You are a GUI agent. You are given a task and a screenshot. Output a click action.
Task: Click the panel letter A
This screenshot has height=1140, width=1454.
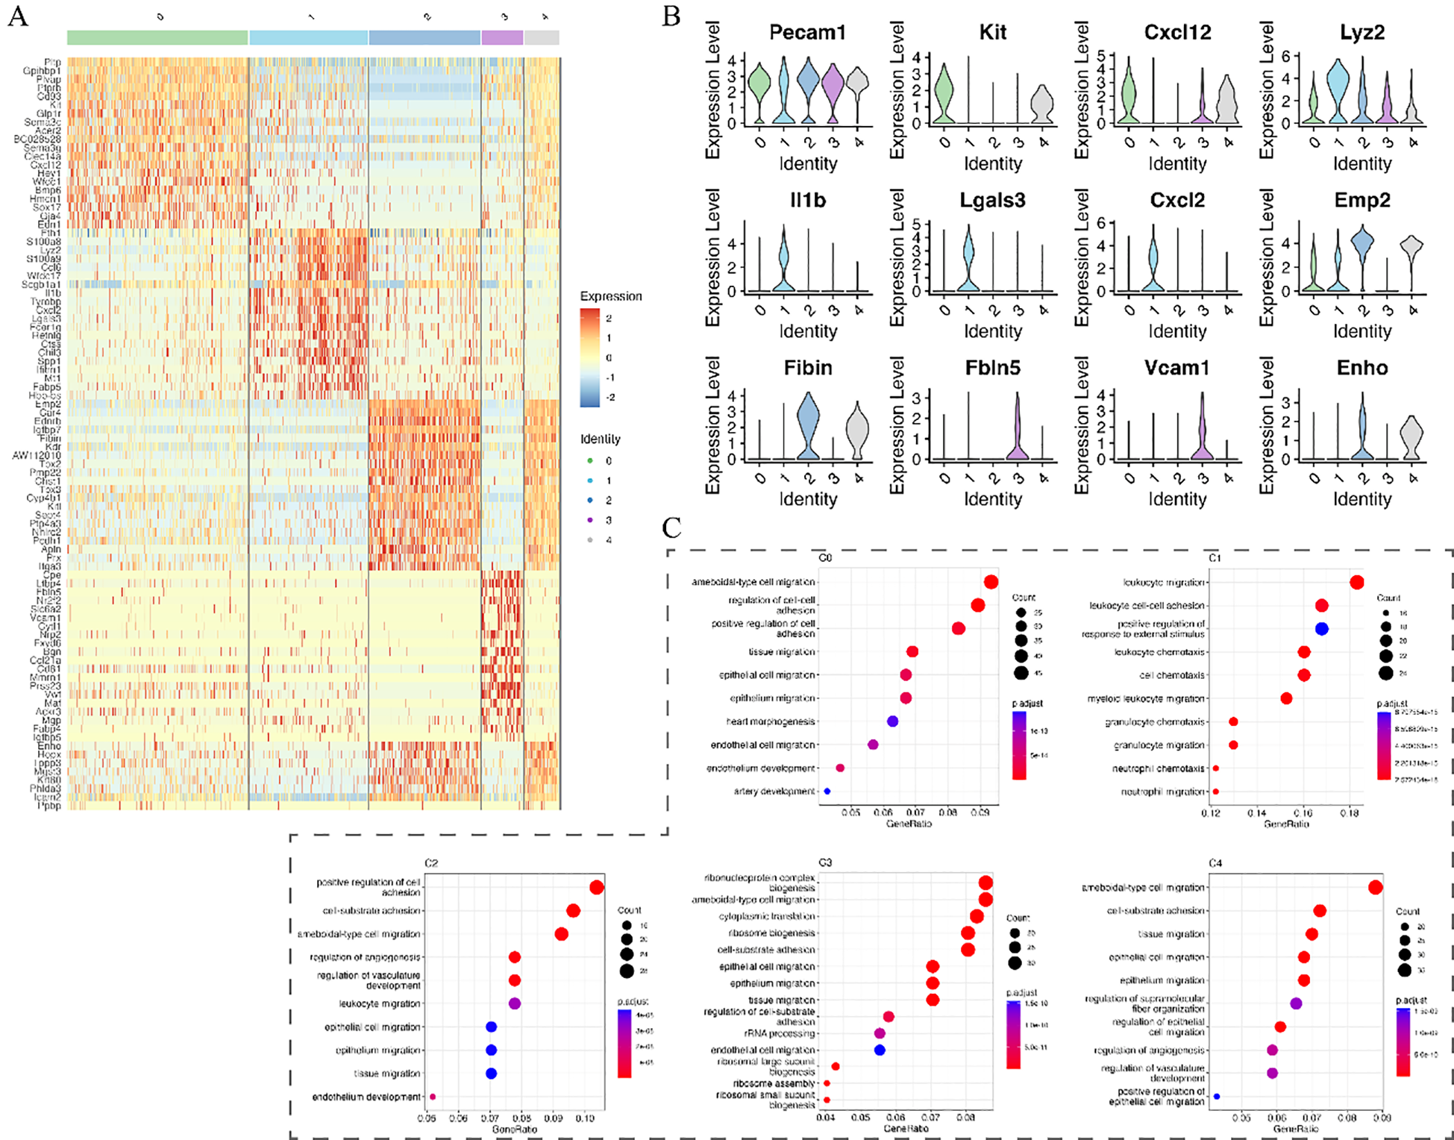(17, 16)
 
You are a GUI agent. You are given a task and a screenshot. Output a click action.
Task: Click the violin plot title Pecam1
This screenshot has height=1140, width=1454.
(807, 33)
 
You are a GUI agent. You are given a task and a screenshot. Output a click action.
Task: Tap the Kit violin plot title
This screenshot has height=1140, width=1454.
(992, 33)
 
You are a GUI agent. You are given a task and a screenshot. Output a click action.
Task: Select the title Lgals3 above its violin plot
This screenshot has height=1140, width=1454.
(992, 201)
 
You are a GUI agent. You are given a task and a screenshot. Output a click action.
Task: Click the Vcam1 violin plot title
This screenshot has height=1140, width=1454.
(1176, 368)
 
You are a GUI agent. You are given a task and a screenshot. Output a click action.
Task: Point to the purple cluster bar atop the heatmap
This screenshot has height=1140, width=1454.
(502, 38)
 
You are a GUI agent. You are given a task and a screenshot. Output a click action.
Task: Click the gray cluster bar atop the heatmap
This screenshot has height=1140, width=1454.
(542, 38)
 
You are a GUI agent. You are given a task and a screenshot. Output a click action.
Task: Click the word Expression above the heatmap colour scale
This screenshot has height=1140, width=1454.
(611, 296)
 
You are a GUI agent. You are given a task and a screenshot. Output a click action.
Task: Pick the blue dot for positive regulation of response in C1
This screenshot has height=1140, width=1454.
(1321, 629)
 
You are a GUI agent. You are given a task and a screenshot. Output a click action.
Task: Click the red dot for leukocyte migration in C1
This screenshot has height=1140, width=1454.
(1357, 583)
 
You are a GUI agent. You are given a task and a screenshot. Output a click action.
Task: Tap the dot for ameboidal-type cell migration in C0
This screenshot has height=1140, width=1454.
(991, 582)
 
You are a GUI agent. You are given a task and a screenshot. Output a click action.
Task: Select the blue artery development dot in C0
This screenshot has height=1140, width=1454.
(827, 791)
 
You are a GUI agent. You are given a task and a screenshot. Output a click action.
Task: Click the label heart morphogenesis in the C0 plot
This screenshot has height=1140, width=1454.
(771, 721)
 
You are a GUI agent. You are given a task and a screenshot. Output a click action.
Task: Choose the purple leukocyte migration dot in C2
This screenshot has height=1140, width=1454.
(514, 1003)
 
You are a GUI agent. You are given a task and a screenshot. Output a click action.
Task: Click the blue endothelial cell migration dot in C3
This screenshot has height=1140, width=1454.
(880, 1050)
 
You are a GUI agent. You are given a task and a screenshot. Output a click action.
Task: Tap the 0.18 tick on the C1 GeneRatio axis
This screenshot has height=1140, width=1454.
(1349, 812)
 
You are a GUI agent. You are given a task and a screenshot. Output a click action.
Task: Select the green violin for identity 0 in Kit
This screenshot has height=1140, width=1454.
(944, 93)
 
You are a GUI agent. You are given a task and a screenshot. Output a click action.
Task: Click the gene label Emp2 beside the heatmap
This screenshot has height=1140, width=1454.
(48, 404)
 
